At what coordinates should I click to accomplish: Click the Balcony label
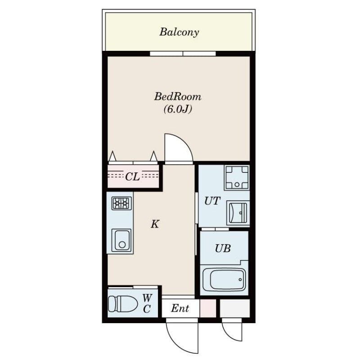pyautogui.click(x=179, y=32)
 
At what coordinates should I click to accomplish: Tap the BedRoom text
pyautogui.click(x=177, y=96)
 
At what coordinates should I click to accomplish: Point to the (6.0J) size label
pyautogui.click(x=178, y=109)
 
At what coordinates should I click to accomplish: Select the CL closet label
pyautogui.click(x=132, y=176)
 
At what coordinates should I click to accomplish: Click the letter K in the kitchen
pyautogui.click(x=155, y=224)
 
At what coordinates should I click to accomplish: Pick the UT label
pyautogui.click(x=212, y=201)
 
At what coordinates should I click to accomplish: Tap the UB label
pyautogui.click(x=223, y=248)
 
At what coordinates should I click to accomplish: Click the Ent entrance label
pyautogui.click(x=180, y=308)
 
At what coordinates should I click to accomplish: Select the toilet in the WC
pyautogui.click(x=122, y=304)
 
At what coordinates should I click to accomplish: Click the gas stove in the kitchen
pyautogui.click(x=121, y=203)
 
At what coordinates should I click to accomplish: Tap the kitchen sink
pyautogui.click(x=121, y=240)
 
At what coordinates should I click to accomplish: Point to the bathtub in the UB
pyautogui.click(x=224, y=279)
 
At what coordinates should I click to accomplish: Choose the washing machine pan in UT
pyautogui.click(x=237, y=178)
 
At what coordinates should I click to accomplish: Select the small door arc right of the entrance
pyautogui.click(x=229, y=335)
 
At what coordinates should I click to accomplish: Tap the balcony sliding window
pyautogui.click(x=183, y=54)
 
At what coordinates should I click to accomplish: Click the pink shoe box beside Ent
pyautogui.click(x=208, y=308)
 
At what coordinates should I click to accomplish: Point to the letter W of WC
pyautogui.click(x=147, y=298)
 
